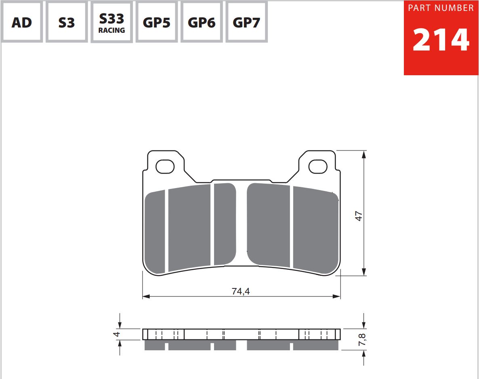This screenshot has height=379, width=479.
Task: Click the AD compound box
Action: pyautogui.click(x=22, y=22)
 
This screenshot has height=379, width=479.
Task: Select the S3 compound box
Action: pyautogui.click(x=67, y=22)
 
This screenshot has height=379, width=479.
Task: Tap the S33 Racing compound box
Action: pyautogui.click(x=111, y=22)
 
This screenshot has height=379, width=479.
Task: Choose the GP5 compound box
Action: pyautogui.click(x=156, y=22)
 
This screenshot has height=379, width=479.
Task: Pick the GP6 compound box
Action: pyautogui.click(x=201, y=22)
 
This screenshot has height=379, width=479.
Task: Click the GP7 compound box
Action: pyautogui.click(x=246, y=22)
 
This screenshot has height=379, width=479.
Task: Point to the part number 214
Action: pyautogui.click(x=441, y=40)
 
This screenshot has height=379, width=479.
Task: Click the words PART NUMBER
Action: pyautogui.click(x=441, y=8)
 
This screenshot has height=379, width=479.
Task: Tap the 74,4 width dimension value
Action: pyautogui.click(x=241, y=291)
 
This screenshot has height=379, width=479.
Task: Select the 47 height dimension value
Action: pyautogui.click(x=359, y=216)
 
